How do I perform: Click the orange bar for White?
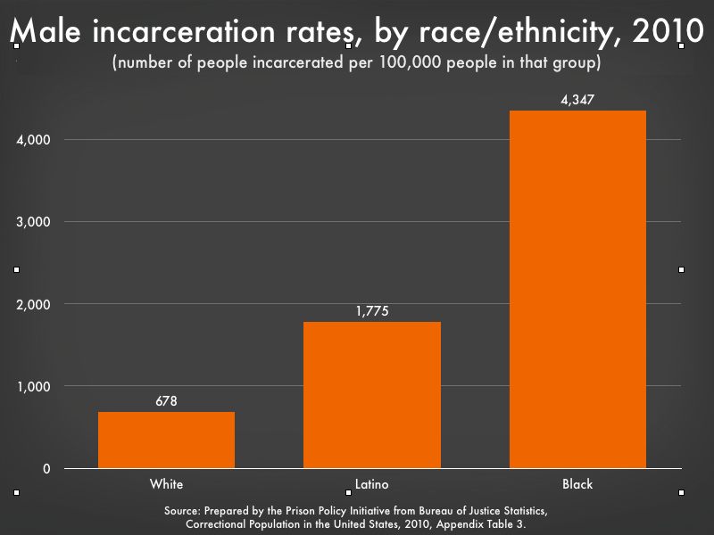tap(166, 440)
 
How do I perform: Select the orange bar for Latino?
tap(372, 395)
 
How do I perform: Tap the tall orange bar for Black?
tap(577, 289)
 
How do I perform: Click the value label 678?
tap(166, 401)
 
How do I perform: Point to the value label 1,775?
tap(372, 311)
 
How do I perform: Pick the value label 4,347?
tap(577, 100)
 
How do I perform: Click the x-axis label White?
tap(166, 484)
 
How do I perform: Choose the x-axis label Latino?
tap(372, 484)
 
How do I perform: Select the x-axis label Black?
tap(577, 484)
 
